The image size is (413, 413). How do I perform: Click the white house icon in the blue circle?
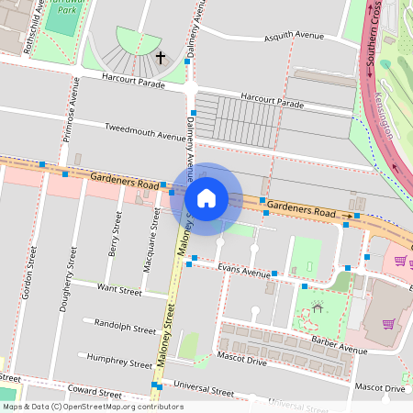tap(206, 198)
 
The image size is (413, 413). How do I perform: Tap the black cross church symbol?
tap(161, 58)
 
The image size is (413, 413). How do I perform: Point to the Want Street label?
tap(119, 291)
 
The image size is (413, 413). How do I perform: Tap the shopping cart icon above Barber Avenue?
tap(389, 324)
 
